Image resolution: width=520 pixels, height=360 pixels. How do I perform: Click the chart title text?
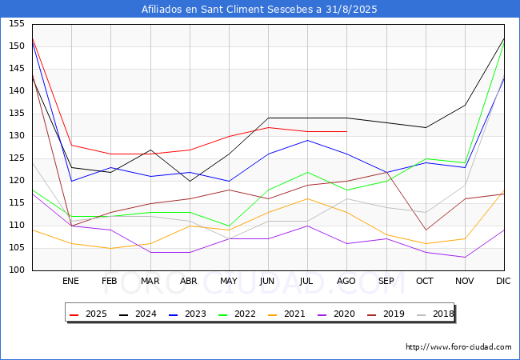(x=259, y=10)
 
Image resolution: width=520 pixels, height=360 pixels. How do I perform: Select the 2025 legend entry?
(x=88, y=314)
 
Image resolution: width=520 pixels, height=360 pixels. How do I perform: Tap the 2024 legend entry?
(x=138, y=314)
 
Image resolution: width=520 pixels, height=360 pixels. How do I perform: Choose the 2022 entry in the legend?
(x=237, y=314)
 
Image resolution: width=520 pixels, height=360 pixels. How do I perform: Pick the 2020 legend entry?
(x=336, y=314)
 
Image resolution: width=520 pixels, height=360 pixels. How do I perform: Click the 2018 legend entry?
(x=435, y=314)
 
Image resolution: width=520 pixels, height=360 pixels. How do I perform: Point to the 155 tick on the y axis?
(x=17, y=23)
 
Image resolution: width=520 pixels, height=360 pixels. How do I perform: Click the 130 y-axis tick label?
(x=17, y=135)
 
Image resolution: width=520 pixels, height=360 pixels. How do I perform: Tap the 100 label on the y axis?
(x=17, y=270)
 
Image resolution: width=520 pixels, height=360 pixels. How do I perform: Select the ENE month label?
(x=71, y=281)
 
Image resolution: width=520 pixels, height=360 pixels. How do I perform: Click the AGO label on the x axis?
(x=346, y=281)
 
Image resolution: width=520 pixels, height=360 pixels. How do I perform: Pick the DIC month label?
(x=503, y=281)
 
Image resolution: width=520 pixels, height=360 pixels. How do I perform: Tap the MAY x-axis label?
(x=229, y=281)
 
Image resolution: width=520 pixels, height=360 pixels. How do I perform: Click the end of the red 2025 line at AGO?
(x=347, y=132)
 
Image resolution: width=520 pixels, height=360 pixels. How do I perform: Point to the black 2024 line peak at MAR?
(x=150, y=150)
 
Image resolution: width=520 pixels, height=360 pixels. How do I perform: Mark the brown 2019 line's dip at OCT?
(x=426, y=230)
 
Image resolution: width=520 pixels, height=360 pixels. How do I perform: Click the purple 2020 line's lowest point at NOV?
(x=466, y=258)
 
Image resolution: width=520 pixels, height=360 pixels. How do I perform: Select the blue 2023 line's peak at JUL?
(x=308, y=140)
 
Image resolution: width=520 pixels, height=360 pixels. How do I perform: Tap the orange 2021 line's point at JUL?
(x=308, y=198)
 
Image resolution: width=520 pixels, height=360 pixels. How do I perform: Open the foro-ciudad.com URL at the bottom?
(x=458, y=347)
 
